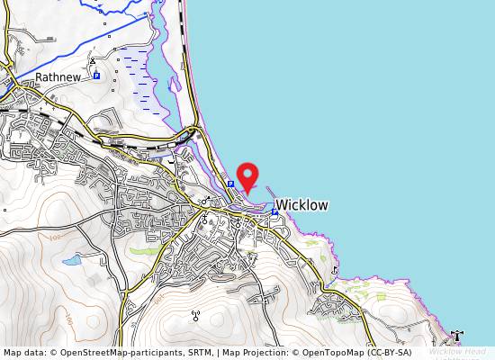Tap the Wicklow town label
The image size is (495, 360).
[301, 205]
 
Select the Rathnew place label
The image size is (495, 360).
[58, 78]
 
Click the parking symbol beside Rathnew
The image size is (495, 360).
[96, 76]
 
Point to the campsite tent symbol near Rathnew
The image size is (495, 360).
[93, 61]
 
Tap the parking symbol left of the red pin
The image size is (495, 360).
[230, 184]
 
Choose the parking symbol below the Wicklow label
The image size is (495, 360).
[274, 212]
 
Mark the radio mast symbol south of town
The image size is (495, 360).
[194, 315]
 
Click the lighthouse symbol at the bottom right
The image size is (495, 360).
[458, 336]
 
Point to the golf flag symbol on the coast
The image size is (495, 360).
[335, 269]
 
